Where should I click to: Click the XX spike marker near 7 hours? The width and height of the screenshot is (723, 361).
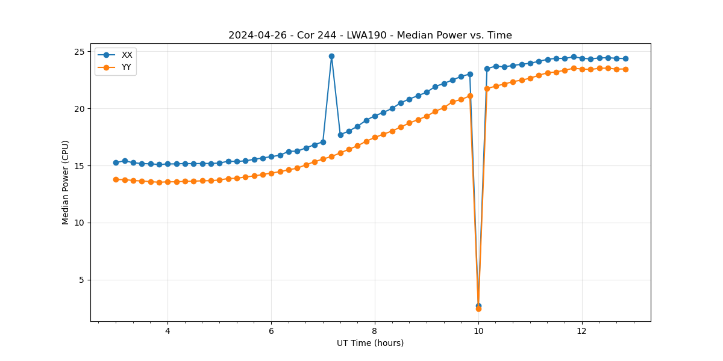tap(331, 56)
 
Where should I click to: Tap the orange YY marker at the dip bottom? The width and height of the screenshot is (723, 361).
tap(478, 309)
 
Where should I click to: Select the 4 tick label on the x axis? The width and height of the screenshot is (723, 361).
tap(167, 331)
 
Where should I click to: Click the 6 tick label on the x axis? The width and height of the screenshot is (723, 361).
tap(271, 331)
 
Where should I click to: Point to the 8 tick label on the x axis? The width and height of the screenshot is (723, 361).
tap(375, 331)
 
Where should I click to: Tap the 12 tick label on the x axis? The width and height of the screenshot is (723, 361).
tap(582, 331)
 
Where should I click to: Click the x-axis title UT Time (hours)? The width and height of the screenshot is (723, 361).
tap(370, 343)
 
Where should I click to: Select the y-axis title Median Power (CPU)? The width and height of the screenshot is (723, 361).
tap(66, 182)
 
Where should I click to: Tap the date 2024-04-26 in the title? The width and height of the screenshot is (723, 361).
tap(254, 35)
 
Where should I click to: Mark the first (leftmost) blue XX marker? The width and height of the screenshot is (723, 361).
tap(116, 162)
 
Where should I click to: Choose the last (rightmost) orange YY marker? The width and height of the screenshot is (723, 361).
tap(625, 69)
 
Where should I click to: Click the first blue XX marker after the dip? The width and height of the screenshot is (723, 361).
tap(487, 69)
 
